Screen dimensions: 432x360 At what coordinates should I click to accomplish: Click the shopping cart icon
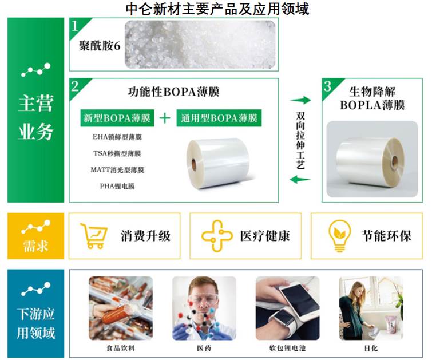pos(93,235)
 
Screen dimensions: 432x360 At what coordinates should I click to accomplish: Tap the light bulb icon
pos(340,236)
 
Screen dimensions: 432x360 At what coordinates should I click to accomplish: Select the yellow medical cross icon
pos(216,236)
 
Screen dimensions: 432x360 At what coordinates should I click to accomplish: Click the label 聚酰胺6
pos(100,46)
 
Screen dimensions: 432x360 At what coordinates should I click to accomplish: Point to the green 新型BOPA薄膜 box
pos(117,118)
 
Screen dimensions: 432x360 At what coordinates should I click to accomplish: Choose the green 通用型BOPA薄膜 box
pos(219,118)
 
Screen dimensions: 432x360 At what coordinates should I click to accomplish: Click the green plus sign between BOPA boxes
pos(165,118)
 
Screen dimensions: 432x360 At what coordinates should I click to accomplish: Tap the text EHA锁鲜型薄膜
pos(117,137)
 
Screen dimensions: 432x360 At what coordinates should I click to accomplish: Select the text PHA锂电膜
pos(117,187)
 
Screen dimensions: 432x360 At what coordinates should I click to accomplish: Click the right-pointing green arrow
pos(300,100)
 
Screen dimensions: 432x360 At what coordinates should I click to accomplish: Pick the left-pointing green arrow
pos(300,180)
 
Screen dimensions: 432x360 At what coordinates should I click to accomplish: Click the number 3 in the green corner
pos(328,86)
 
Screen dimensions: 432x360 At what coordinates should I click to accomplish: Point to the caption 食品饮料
pos(121,348)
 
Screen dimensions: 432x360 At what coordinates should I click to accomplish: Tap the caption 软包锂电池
pos(287,348)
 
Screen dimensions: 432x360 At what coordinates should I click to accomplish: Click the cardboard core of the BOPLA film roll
pos(394,161)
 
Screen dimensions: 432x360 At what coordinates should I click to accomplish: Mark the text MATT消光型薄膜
pos(117,170)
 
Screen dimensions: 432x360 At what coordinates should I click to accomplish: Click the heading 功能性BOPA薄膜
pos(173,92)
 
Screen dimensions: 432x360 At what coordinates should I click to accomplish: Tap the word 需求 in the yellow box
pos(36,246)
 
